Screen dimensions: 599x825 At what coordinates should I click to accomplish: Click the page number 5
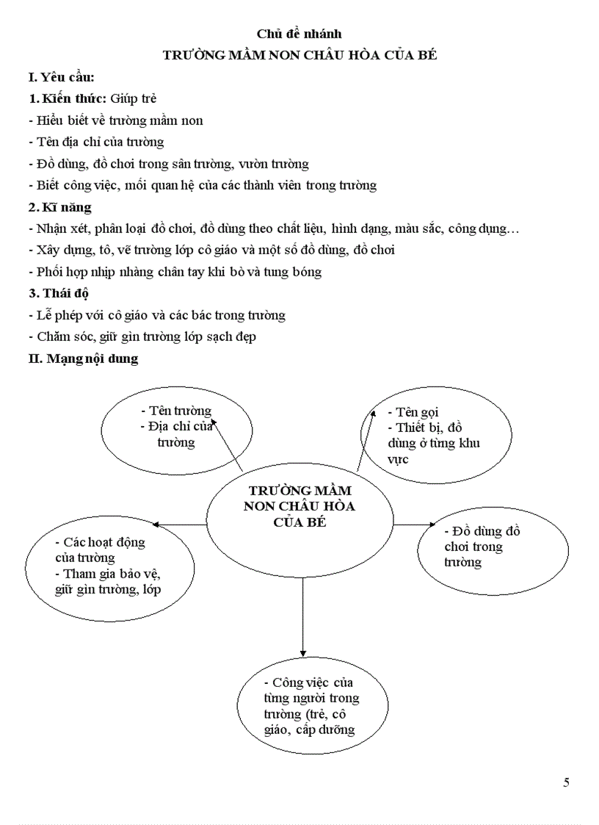point(566,782)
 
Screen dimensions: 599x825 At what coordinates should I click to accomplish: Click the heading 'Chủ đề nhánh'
point(299,34)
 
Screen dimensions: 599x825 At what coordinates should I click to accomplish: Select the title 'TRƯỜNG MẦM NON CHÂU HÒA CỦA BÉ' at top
point(299,56)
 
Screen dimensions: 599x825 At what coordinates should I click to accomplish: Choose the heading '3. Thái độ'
point(59,293)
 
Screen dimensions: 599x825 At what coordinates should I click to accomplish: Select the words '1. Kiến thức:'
point(68,98)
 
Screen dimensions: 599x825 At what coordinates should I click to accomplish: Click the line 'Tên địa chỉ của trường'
point(96,142)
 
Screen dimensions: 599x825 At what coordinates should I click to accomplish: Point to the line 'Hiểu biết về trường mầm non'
point(115,120)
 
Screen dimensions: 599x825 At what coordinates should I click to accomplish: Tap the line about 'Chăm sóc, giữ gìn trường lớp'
point(142,336)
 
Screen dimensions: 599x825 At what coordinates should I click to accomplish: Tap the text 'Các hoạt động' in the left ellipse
point(100,542)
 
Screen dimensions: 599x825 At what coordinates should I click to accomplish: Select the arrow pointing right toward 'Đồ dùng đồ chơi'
point(415,525)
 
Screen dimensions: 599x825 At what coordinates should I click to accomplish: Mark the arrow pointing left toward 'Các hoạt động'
point(180,525)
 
